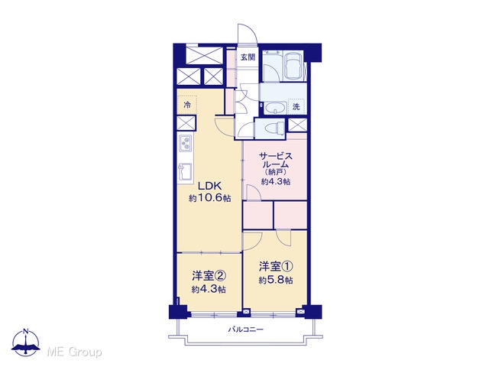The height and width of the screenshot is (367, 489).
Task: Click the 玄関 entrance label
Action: [248, 57]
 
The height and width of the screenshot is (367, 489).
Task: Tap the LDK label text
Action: [210, 187]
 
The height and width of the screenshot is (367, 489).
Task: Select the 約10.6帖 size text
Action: [210, 198]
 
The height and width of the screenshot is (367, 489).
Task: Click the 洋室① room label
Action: [276, 267]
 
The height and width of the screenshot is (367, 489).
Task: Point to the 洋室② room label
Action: [209, 276]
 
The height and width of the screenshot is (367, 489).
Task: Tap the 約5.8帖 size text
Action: [276, 281]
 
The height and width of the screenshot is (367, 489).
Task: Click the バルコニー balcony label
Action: [246, 330]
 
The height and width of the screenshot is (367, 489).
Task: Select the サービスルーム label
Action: [275, 160]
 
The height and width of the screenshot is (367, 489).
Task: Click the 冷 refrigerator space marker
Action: [187, 105]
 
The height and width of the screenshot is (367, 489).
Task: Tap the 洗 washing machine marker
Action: [296, 107]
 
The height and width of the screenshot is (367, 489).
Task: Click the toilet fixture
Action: [274, 128]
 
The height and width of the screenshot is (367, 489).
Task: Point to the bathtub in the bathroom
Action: [293, 67]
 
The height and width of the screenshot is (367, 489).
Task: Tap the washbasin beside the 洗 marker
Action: [275, 109]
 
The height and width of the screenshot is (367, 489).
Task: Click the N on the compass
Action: [26, 331]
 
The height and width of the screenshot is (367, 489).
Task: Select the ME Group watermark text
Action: [74, 352]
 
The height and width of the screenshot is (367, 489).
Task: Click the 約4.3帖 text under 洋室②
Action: [209, 289]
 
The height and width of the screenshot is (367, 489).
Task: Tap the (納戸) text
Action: [275, 172]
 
